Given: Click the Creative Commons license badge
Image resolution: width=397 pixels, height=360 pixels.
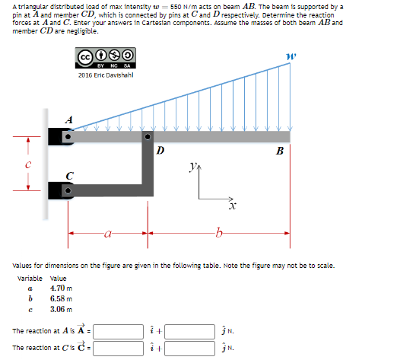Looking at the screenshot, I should point(106,58).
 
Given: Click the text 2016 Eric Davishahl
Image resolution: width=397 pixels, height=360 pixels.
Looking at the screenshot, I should point(106,74).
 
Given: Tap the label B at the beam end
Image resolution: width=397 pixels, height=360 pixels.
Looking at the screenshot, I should point(280,151).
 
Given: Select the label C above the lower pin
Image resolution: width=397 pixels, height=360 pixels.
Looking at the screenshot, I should point(69,175).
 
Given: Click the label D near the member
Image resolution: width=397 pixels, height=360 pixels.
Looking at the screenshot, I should point(160,151).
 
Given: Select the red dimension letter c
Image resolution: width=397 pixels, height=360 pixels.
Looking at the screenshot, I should point(27,164).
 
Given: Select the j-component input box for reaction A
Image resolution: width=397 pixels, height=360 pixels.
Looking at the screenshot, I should point(190,332).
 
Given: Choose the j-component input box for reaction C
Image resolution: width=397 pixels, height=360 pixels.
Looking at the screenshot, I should point(190,346).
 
